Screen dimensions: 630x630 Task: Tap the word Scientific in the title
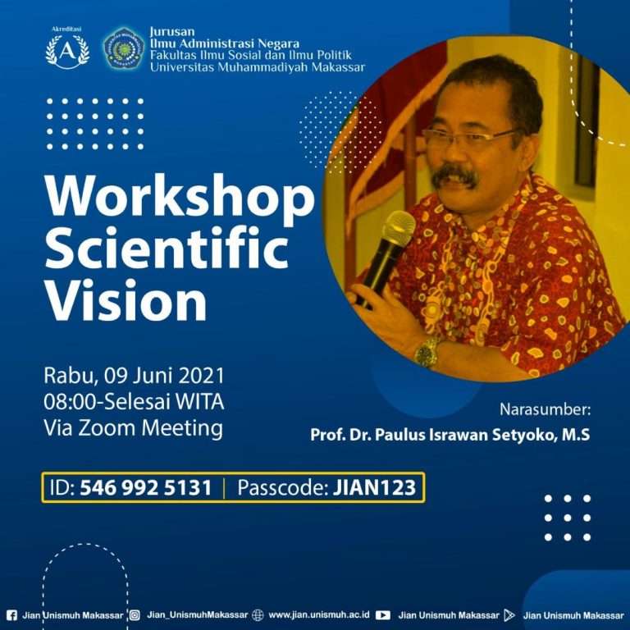(167, 251)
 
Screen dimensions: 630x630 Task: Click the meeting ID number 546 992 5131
(145, 489)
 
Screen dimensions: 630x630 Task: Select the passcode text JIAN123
(375, 489)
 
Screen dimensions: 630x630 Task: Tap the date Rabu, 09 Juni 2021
(134, 378)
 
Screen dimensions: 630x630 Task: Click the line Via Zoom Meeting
(133, 427)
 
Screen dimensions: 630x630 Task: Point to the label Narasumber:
(545, 409)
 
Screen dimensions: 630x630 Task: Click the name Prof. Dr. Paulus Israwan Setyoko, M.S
(450, 434)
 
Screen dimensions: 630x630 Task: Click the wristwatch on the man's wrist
(427, 352)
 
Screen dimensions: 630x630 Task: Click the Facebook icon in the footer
(11, 614)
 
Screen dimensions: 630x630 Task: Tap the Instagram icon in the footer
(135, 614)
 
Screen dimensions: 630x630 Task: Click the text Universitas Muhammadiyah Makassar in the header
(258, 67)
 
